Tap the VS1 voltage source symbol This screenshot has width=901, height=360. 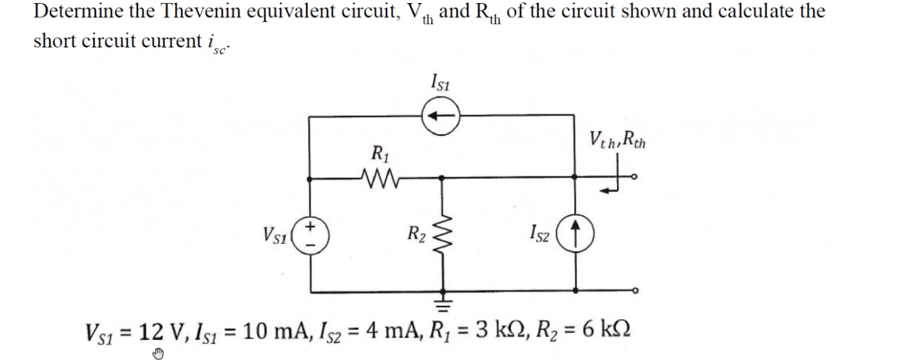pos(312,233)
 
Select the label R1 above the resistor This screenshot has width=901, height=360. pos(379,152)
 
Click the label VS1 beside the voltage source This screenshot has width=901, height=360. pos(275,233)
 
